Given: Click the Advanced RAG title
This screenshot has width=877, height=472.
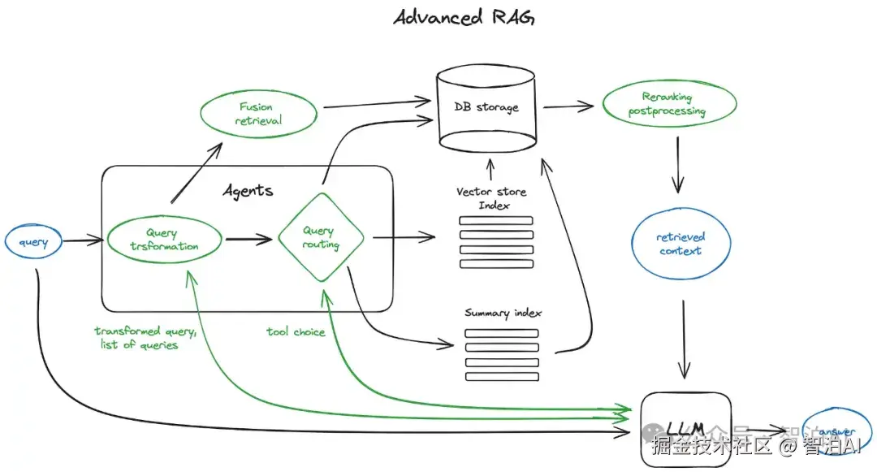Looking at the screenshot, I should [x=464, y=18].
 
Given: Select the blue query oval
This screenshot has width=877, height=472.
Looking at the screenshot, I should [x=33, y=242].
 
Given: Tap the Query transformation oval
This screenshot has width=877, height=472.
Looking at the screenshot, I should [x=164, y=240].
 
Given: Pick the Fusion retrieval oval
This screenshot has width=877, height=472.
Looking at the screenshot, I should [x=256, y=115].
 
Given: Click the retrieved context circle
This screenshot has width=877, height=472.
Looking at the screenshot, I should [x=680, y=244].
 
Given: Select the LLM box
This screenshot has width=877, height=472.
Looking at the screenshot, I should [x=686, y=428].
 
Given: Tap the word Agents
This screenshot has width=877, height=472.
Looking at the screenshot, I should [x=248, y=192].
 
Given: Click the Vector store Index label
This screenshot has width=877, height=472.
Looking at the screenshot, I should [x=492, y=199].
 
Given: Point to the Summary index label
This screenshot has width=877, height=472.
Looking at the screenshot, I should [x=503, y=313].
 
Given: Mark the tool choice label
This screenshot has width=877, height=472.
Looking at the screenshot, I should [x=296, y=331].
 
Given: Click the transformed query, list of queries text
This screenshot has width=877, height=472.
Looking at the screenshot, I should [x=145, y=338].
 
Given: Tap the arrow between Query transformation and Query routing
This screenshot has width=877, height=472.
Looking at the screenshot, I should [x=248, y=240].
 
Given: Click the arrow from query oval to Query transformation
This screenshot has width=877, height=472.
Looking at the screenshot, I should [x=84, y=241].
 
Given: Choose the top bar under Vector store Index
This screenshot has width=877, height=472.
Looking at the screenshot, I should [x=496, y=220].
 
